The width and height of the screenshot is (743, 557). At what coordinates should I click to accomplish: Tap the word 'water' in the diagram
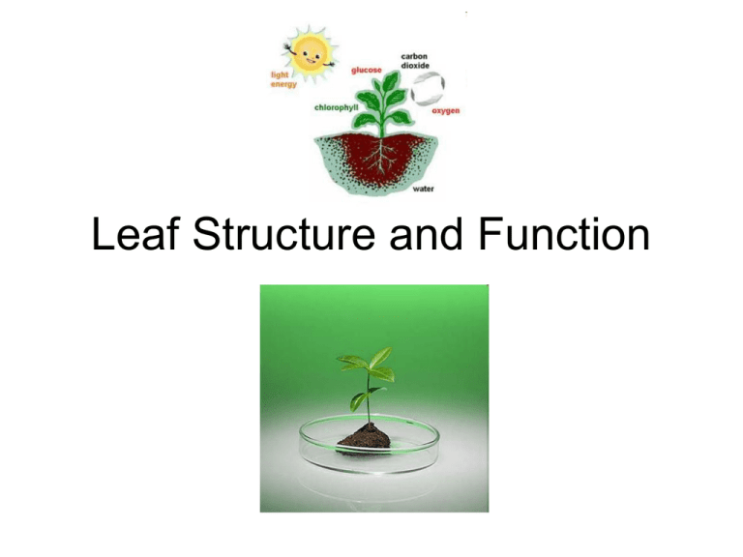424,190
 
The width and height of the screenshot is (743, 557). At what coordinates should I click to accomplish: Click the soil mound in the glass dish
366,434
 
